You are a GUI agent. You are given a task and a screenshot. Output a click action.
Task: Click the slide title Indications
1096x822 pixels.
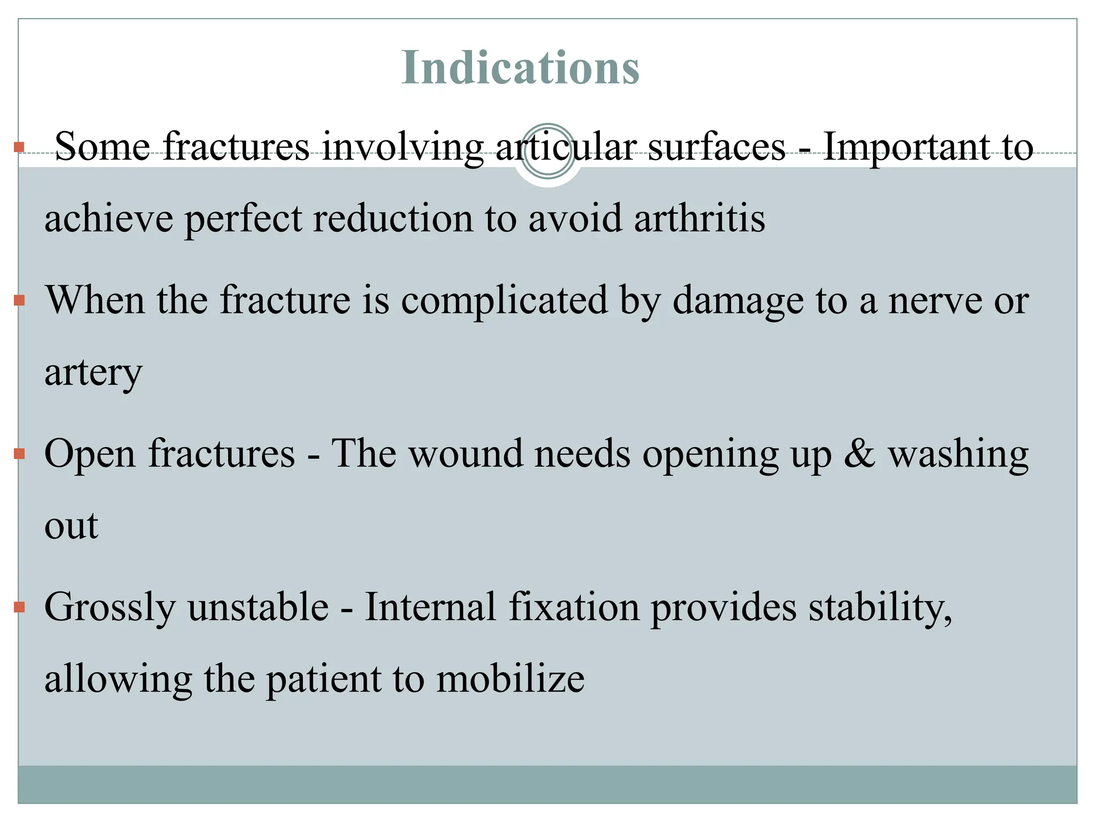click(x=520, y=67)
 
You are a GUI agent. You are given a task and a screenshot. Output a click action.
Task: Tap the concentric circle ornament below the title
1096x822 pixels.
click(x=547, y=151)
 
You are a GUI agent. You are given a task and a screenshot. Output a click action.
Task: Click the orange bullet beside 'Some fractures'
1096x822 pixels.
click(x=20, y=147)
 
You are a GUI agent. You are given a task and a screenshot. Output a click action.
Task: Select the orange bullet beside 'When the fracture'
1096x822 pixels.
click(x=20, y=300)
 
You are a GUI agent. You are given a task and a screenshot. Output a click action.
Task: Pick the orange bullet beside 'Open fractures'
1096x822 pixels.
click(x=20, y=454)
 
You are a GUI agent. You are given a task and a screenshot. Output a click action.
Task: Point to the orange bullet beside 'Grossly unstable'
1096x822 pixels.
click(x=20, y=607)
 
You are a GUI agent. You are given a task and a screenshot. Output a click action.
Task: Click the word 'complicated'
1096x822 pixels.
click(x=504, y=301)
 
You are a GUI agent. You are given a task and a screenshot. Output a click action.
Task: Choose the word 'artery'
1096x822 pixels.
click(x=93, y=374)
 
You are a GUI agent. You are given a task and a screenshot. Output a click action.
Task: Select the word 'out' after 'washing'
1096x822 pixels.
click(x=71, y=526)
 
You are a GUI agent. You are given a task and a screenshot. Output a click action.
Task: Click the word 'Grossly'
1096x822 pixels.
click(x=110, y=608)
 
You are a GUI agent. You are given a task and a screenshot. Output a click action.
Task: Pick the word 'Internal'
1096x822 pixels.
click(x=430, y=607)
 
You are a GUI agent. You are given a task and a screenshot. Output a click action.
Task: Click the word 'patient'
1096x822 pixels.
click(x=323, y=680)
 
